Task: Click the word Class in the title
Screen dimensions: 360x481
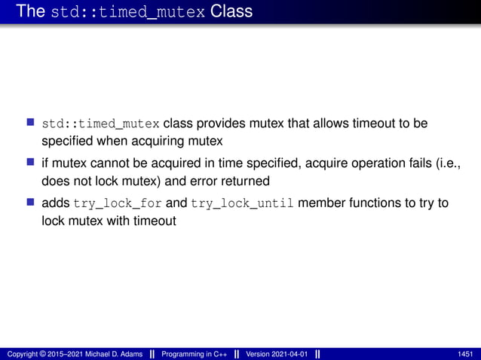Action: point(231,11)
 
